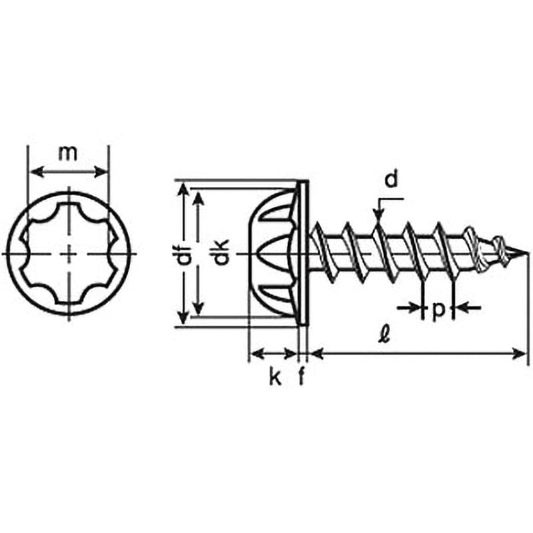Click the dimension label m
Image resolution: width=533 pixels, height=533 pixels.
[x=68, y=153]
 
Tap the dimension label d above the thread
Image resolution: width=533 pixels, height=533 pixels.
[x=391, y=179]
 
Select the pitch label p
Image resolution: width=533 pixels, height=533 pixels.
[x=439, y=310]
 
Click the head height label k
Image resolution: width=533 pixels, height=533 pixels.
[x=275, y=376]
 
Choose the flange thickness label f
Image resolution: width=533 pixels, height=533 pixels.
[x=301, y=376]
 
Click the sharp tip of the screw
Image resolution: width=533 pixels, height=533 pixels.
[x=528, y=253]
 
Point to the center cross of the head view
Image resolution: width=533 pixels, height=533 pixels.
[x=70, y=254]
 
